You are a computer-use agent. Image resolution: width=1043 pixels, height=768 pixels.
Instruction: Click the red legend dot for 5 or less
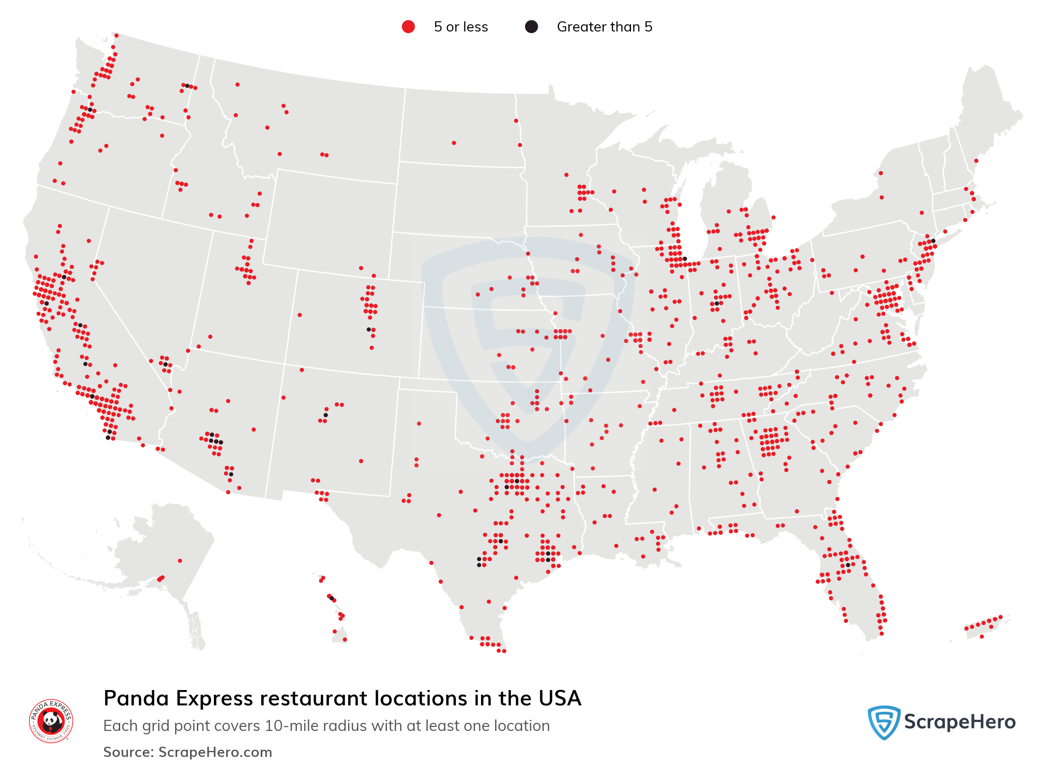(408, 27)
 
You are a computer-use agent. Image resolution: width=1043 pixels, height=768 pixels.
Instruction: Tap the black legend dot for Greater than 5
(531, 27)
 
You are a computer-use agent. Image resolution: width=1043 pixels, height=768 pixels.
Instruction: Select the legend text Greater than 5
(604, 27)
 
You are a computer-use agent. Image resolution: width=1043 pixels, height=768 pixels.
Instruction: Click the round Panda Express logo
(51, 721)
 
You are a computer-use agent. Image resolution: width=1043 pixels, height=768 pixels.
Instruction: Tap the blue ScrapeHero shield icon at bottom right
(884, 722)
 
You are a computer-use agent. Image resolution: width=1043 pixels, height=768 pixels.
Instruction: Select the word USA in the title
(560, 698)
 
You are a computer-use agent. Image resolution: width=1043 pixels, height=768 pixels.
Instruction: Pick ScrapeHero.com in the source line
(215, 752)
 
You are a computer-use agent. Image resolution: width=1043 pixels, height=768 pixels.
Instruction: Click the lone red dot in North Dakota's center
(454, 143)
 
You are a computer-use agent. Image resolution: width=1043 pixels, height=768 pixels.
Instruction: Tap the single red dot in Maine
(976, 161)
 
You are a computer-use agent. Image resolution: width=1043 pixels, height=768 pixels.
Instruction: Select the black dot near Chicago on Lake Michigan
(685, 259)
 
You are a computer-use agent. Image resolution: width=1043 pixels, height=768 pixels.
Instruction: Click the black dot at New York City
(933, 241)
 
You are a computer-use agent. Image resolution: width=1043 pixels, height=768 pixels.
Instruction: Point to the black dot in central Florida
(848, 565)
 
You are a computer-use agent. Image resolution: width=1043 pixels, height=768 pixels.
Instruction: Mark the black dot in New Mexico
(326, 415)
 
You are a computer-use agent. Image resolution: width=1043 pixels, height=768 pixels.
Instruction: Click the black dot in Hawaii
(331, 598)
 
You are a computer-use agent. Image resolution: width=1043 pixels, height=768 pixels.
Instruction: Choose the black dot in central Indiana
(717, 304)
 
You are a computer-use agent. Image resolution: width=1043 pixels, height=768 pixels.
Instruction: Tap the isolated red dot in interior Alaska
(180, 561)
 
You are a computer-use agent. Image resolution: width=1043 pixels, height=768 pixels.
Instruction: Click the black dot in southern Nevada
(166, 365)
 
